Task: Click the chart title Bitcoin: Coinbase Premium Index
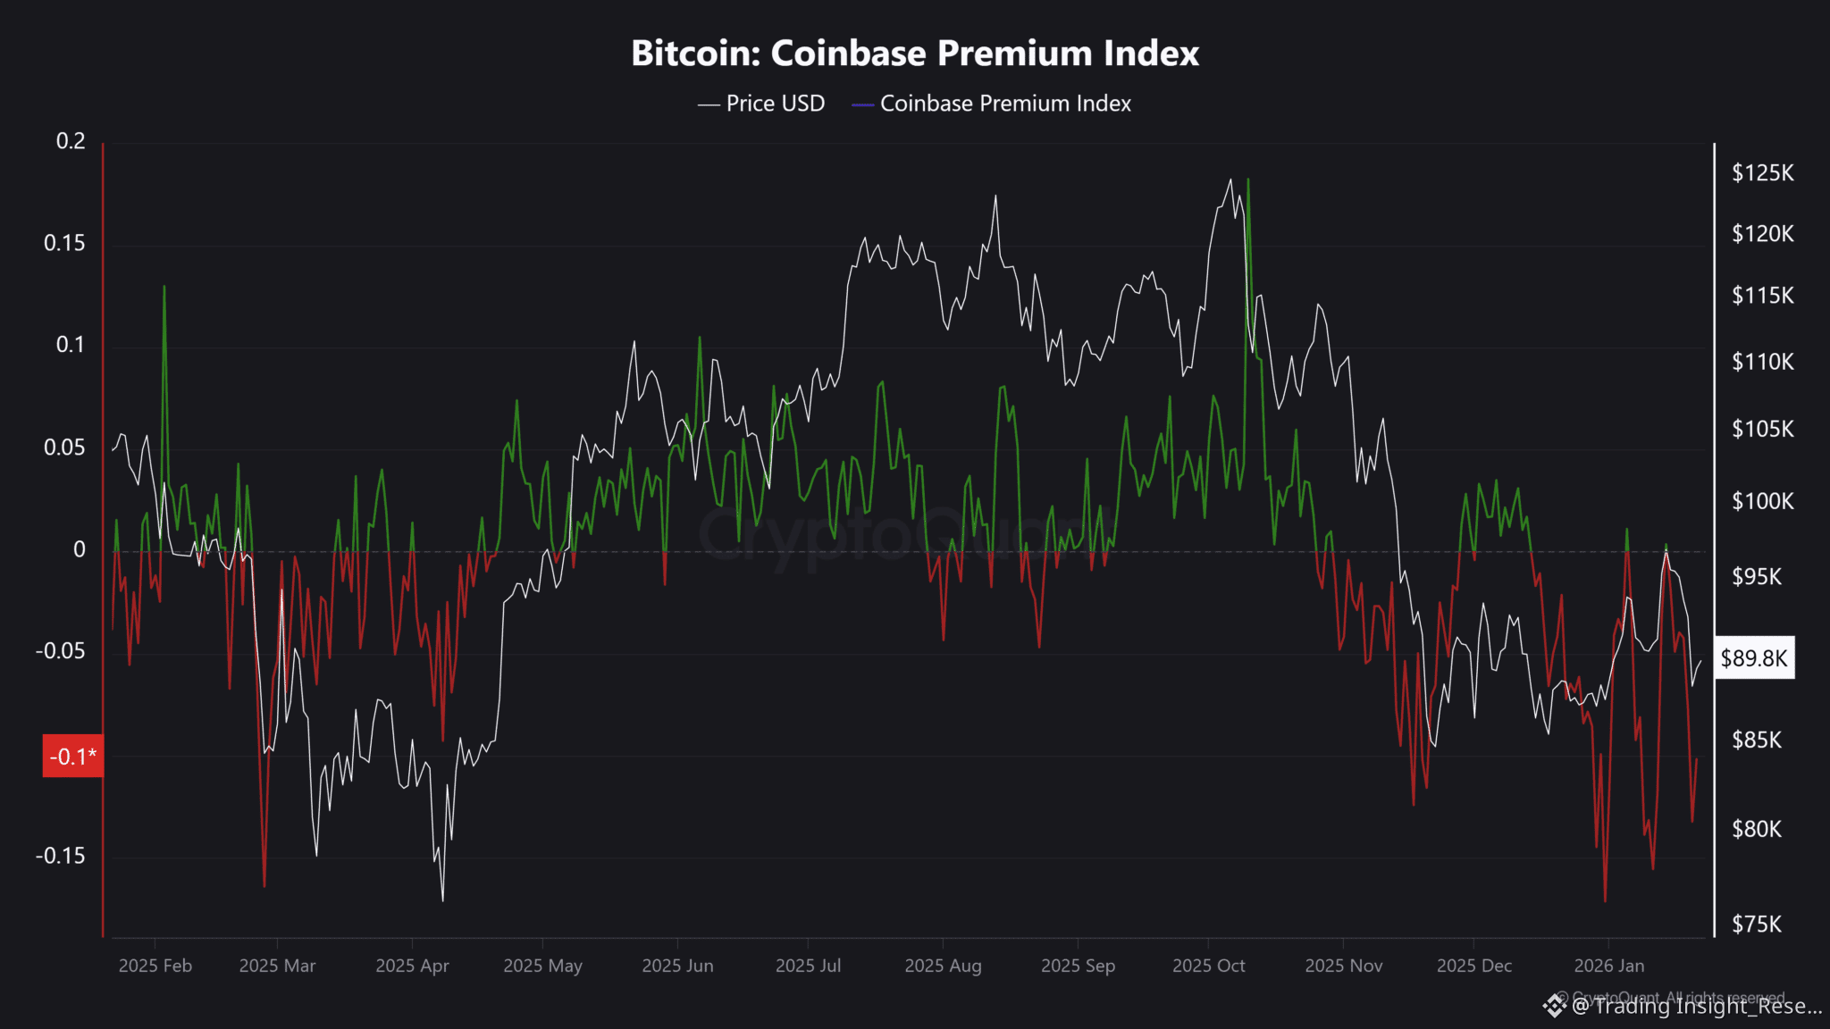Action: tap(915, 54)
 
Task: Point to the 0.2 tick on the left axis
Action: tap(71, 141)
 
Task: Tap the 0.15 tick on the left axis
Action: tap(64, 243)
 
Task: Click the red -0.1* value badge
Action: tap(72, 757)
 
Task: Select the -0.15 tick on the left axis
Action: tap(61, 856)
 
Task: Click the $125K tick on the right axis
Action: tap(1762, 173)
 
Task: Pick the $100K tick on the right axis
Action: tap(1762, 501)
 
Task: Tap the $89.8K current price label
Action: tap(1753, 658)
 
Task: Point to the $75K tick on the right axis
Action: tap(1757, 924)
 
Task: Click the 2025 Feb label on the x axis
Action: tap(155, 966)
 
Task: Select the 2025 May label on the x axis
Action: tap(542, 966)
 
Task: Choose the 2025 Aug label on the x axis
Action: tap(943, 966)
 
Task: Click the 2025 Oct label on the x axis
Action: tap(1208, 966)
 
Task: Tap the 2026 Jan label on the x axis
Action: tap(1608, 966)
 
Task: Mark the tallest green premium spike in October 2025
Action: tap(1248, 180)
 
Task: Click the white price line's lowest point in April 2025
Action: tap(442, 900)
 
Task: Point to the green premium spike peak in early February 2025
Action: tap(164, 287)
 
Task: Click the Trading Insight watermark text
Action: tap(1696, 1007)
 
